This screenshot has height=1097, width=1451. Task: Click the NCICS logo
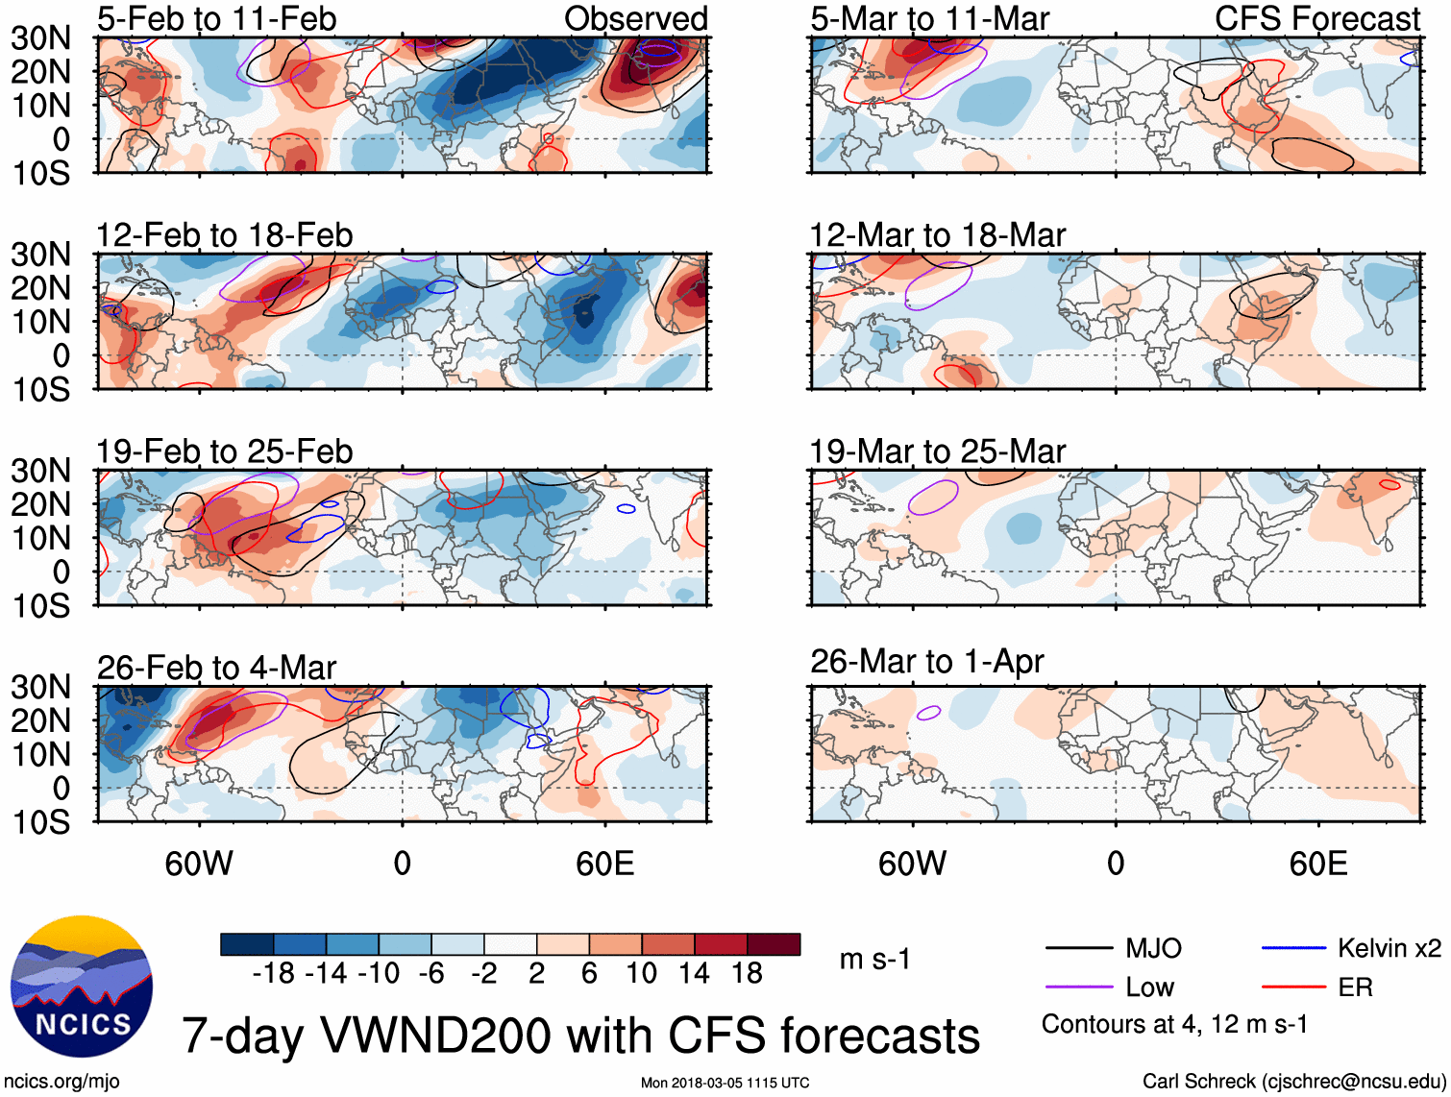[82, 987]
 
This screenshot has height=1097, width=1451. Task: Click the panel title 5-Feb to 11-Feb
[216, 18]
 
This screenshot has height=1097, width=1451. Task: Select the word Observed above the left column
[635, 18]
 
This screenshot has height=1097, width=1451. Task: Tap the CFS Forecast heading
[1316, 18]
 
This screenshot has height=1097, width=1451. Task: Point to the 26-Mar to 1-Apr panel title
[926, 662]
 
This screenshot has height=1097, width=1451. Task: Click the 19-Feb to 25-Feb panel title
[224, 451]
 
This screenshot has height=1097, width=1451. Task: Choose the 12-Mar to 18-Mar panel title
[937, 235]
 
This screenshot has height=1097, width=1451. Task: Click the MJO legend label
[1153, 948]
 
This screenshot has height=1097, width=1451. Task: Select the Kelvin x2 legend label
[1389, 948]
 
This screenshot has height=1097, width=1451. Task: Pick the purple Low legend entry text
[1149, 987]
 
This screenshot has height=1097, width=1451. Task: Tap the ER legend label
[1355, 987]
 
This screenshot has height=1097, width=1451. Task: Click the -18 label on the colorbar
[274, 974]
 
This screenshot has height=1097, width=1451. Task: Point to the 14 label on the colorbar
[694, 974]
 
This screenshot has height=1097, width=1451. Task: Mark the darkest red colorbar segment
[774, 944]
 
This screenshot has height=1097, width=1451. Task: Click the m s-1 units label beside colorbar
[874, 960]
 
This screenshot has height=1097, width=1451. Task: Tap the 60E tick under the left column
[604, 864]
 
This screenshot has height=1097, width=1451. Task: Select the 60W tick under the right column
[912, 864]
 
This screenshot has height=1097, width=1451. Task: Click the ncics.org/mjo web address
[61, 1082]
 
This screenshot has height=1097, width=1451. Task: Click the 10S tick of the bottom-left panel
[40, 822]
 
